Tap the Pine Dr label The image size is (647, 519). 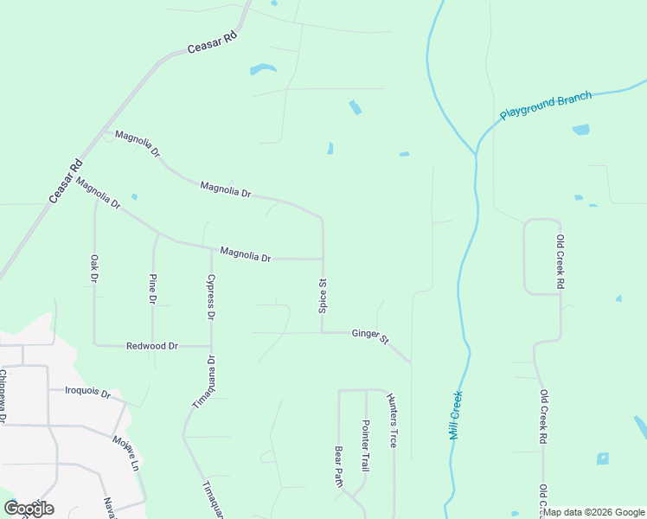pyautogui.click(x=153, y=289)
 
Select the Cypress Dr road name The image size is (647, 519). pyautogui.click(x=210, y=298)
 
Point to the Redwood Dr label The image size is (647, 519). pyautogui.click(x=151, y=346)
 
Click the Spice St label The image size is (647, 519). pyautogui.click(x=323, y=295)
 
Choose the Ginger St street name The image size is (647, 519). pyautogui.click(x=370, y=336)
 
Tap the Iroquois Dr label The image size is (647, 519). pyautogui.click(x=88, y=393)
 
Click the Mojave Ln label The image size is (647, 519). pyautogui.click(x=125, y=451)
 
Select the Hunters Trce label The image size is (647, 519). pyautogui.click(x=393, y=420)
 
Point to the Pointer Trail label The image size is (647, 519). pyautogui.click(x=366, y=445)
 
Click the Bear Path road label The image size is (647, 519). pyautogui.click(x=339, y=467)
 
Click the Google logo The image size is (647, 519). pyautogui.click(x=29, y=509)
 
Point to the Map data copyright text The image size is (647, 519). pyautogui.click(x=593, y=512)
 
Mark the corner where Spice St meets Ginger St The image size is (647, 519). pyautogui.click(x=323, y=332)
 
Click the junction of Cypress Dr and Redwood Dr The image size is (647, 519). pyautogui.click(x=211, y=346)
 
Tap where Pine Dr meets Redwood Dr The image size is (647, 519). pyautogui.click(x=153, y=346)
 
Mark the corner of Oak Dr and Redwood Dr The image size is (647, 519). pyautogui.click(x=94, y=345)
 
